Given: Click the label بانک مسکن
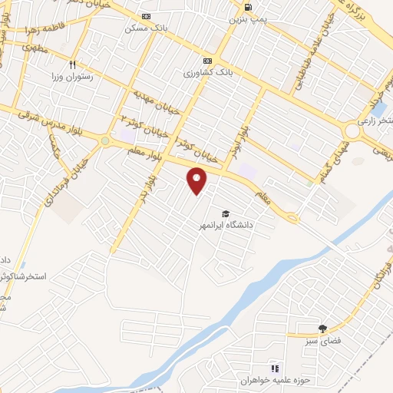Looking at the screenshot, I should point(146,28).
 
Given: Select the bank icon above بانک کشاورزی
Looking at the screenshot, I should point(206,61).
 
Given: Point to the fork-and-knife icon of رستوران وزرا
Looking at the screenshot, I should point(73,65).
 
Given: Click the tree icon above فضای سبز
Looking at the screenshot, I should point(322,328).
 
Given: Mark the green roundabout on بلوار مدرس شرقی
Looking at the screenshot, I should point(104,140).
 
